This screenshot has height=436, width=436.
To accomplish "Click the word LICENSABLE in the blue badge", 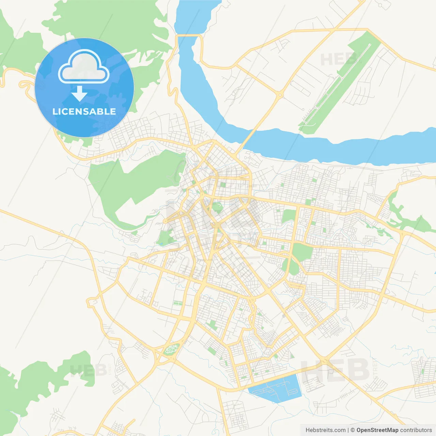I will pyautogui.click(x=84, y=111).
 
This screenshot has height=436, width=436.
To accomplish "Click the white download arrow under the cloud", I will pyautogui.click(x=79, y=93).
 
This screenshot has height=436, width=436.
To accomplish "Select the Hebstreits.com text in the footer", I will pyautogui.click(x=325, y=430).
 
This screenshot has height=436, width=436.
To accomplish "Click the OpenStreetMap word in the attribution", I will pyautogui.click(x=377, y=430).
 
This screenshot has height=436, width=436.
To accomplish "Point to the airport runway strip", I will pyautogui.click(x=337, y=85).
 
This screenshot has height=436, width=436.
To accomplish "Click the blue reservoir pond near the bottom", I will pyautogui.click(x=276, y=388).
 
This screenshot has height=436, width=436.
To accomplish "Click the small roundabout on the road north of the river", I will pyautogui.click(x=280, y=95).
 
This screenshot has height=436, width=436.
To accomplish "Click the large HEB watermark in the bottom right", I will pyautogui.click(x=336, y=370).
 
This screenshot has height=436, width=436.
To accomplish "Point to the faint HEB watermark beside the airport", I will pyautogui.click(x=336, y=60).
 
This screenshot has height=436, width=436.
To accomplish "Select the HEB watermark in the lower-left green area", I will pyautogui.click(x=84, y=370).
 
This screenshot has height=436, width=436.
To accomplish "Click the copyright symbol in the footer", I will pyautogui.click(x=353, y=430).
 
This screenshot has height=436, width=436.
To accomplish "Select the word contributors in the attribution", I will pyautogui.click(x=416, y=430).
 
